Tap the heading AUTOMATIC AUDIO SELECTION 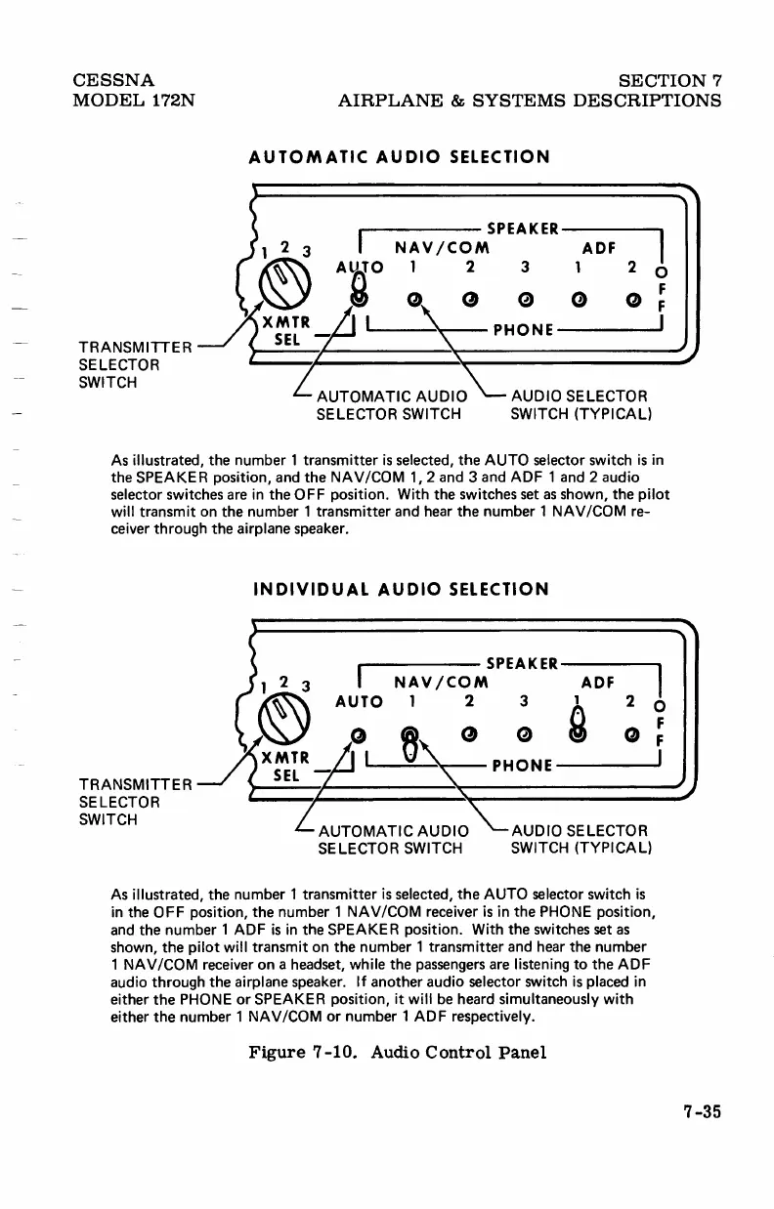click(x=400, y=156)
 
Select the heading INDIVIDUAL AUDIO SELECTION click(x=400, y=589)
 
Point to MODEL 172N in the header click(x=136, y=101)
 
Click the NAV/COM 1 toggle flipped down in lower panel click(x=411, y=740)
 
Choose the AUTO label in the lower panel click(x=359, y=702)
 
